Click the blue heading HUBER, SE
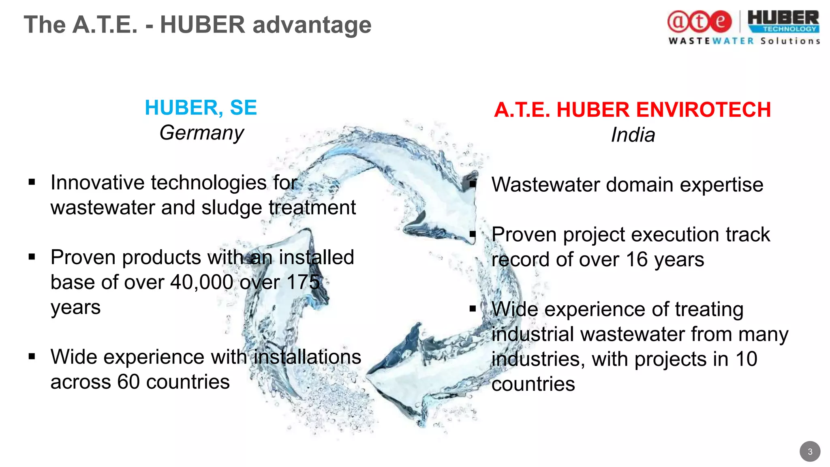pos(201,108)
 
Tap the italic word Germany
pos(201,133)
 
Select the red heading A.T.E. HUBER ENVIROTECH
pos(632,110)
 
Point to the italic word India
pos(633,135)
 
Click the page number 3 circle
pos(810,452)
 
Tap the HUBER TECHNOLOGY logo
pos(783,22)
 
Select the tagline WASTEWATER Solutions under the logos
pos(744,41)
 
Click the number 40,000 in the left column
pos(201,282)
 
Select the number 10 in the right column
pos(746,359)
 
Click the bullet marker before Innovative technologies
pos(32,182)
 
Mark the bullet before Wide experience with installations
pos(32,357)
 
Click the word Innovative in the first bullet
pos(97,183)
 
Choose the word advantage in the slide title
pos(312,25)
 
